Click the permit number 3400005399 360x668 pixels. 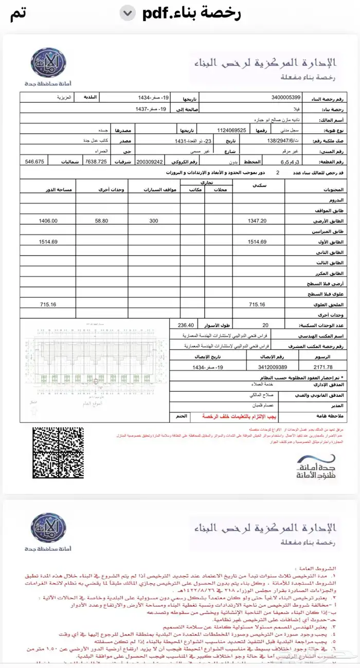click(286, 98)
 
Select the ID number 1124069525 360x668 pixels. click(232, 131)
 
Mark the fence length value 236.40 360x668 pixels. click(186, 325)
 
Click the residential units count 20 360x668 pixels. click(265, 325)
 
